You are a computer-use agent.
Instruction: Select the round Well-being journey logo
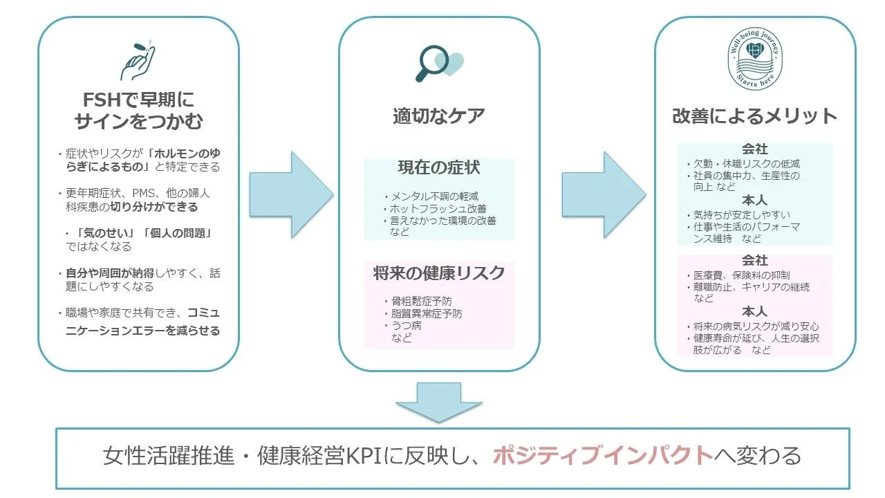[755, 62]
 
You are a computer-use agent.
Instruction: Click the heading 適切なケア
[438, 116]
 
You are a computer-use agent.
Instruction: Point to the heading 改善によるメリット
[754, 116]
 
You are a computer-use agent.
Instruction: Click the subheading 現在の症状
[438, 168]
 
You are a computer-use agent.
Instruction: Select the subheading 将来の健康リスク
[438, 273]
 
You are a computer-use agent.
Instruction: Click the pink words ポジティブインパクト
[602, 456]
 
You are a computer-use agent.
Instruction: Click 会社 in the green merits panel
[754, 150]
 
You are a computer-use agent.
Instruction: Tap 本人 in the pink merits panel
[754, 312]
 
